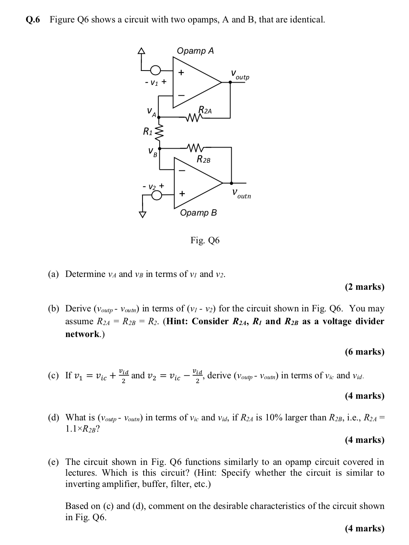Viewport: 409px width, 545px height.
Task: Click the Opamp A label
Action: [x=195, y=51]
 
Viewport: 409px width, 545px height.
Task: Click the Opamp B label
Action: [x=198, y=213]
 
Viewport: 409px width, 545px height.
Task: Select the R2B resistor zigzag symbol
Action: [x=195, y=147]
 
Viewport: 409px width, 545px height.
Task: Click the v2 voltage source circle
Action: [x=157, y=195]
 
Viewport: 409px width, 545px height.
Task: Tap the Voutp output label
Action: [x=240, y=75]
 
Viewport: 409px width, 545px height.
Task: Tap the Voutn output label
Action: [x=241, y=194]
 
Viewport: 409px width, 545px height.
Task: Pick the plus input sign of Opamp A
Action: [x=181, y=73]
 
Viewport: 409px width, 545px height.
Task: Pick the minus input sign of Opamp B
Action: [x=182, y=170]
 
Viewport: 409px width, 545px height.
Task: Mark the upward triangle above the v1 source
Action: [x=141, y=50]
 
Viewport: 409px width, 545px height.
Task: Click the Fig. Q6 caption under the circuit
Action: [x=205, y=240]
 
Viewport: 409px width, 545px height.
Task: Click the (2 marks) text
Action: [x=364, y=287]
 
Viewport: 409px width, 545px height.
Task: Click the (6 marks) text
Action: [x=364, y=352]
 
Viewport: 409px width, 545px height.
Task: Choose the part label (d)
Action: [x=53, y=418]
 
